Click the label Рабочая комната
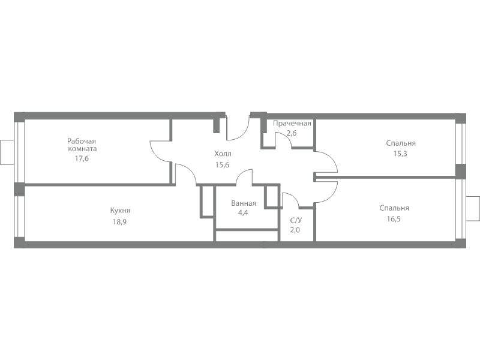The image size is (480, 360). pyautogui.click(x=82, y=145)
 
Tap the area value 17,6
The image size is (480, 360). pyautogui.click(x=82, y=158)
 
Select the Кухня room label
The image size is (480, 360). pyautogui.click(x=121, y=211)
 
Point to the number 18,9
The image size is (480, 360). pyautogui.click(x=119, y=221)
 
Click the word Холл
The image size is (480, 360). pyautogui.click(x=223, y=154)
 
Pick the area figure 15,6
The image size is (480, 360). pyautogui.click(x=222, y=164)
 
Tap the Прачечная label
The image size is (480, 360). pyautogui.click(x=292, y=124)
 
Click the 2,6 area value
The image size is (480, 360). pyautogui.click(x=292, y=133)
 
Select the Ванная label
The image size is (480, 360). pyautogui.click(x=244, y=203)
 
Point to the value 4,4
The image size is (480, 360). pyautogui.click(x=243, y=212)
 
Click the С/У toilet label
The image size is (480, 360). pyautogui.click(x=296, y=220)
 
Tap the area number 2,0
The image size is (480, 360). pyautogui.click(x=295, y=230)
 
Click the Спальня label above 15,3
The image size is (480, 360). pyautogui.click(x=401, y=143)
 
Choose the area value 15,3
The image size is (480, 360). pyautogui.click(x=400, y=154)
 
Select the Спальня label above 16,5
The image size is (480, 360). pyautogui.click(x=394, y=208)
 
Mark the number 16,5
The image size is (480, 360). pyautogui.click(x=394, y=219)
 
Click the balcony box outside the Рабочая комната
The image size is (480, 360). pyautogui.click(x=7, y=152)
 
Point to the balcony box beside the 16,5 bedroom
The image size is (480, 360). pyautogui.click(x=473, y=208)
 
